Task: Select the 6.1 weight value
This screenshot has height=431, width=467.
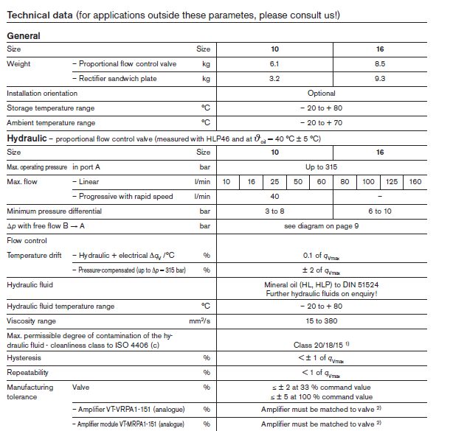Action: pos(274,64)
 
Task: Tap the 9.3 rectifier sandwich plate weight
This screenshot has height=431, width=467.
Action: pos(380,78)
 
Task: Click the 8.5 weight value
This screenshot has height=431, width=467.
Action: pos(380,64)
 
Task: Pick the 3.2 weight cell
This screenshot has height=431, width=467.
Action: pos(274,78)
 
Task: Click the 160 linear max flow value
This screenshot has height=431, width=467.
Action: pos(416,181)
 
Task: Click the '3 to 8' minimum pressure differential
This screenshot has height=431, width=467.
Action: pos(274,211)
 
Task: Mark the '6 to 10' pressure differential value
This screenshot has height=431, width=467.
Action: pos(380,211)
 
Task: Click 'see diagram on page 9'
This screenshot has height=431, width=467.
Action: pos(322,225)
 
